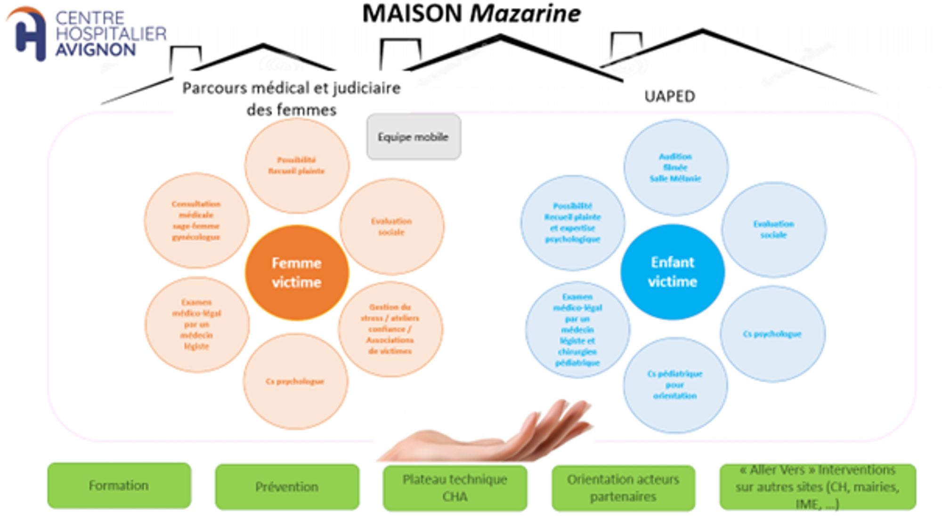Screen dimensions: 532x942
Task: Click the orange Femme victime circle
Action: (x=297, y=273)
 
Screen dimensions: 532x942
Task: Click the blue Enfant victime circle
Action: (x=672, y=272)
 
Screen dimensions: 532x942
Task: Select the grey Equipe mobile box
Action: (x=414, y=137)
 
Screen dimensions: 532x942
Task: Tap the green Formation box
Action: (x=119, y=485)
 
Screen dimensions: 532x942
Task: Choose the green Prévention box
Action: (x=287, y=486)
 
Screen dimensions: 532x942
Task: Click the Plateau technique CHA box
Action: (x=455, y=488)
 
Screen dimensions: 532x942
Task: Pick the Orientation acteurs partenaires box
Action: (x=623, y=488)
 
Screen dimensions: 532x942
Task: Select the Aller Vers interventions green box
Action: (x=817, y=487)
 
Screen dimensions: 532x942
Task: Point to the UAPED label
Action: (x=669, y=96)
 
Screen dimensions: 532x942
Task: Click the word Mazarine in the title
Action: (x=525, y=14)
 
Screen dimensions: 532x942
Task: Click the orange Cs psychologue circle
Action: (x=295, y=381)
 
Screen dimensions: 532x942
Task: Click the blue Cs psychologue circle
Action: (x=772, y=334)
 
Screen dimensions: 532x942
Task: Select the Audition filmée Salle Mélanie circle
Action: (x=675, y=167)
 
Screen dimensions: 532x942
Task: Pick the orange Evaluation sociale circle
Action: (x=391, y=226)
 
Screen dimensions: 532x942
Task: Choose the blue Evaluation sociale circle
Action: (x=773, y=230)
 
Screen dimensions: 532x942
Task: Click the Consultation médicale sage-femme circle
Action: (x=196, y=221)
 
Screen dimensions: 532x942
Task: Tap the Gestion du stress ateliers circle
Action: (x=390, y=329)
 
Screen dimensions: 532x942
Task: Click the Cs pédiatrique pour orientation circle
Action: (x=674, y=385)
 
